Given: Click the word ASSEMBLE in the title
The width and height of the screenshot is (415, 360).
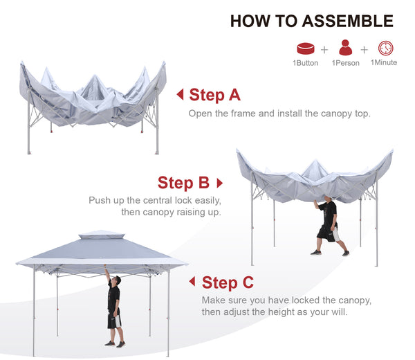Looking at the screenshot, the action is pyautogui.click(x=347, y=21).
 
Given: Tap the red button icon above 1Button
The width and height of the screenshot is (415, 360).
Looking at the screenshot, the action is pyautogui.click(x=306, y=48).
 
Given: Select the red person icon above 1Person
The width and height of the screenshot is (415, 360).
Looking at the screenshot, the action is pyautogui.click(x=345, y=48).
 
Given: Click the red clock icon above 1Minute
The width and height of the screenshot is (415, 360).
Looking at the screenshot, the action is pyautogui.click(x=386, y=48).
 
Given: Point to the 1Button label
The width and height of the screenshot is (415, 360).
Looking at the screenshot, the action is pyautogui.click(x=306, y=63).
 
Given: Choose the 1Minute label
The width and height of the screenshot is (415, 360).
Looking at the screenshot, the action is pyautogui.click(x=384, y=62).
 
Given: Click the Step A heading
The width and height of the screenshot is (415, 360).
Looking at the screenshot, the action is pyautogui.click(x=214, y=95).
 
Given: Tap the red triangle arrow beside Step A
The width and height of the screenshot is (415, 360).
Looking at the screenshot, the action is pyautogui.click(x=181, y=94).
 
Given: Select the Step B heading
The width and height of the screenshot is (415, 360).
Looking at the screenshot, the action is pyautogui.click(x=183, y=183).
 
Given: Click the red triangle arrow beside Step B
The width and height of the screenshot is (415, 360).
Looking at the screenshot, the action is pyautogui.click(x=220, y=183).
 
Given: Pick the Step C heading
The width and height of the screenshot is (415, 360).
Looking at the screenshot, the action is pyautogui.click(x=228, y=282).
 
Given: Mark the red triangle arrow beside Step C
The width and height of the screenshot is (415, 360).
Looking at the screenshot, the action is pyautogui.click(x=192, y=281).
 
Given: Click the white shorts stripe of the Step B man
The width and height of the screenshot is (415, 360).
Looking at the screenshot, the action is pyautogui.click(x=335, y=234).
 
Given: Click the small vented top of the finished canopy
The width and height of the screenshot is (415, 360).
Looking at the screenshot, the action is pyautogui.click(x=102, y=235).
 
